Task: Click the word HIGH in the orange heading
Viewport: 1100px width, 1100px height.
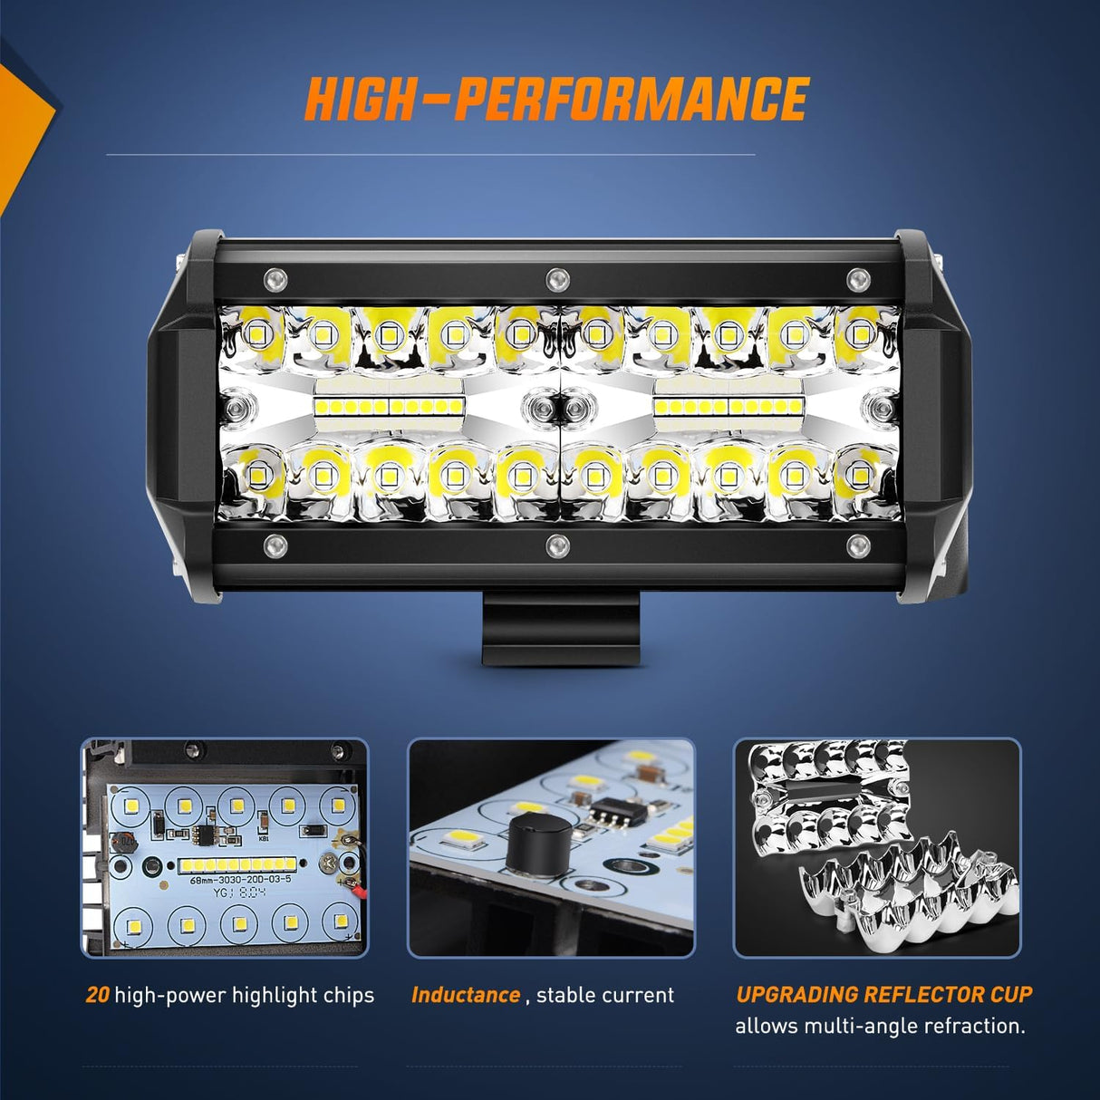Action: click(x=359, y=100)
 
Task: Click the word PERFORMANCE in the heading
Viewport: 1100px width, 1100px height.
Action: click(x=631, y=100)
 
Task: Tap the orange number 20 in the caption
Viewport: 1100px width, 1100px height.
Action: click(x=97, y=995)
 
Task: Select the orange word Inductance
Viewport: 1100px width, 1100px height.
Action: click(x=466, y=995)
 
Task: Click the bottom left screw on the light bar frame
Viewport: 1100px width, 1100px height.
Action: click(x=275, y=545)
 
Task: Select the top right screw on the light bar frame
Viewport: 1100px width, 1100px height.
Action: click(x=857, y=278)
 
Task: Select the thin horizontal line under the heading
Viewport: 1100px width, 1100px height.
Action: click(x=430, y=155)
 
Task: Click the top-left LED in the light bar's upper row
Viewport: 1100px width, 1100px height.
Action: click(x=256, y=333)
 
